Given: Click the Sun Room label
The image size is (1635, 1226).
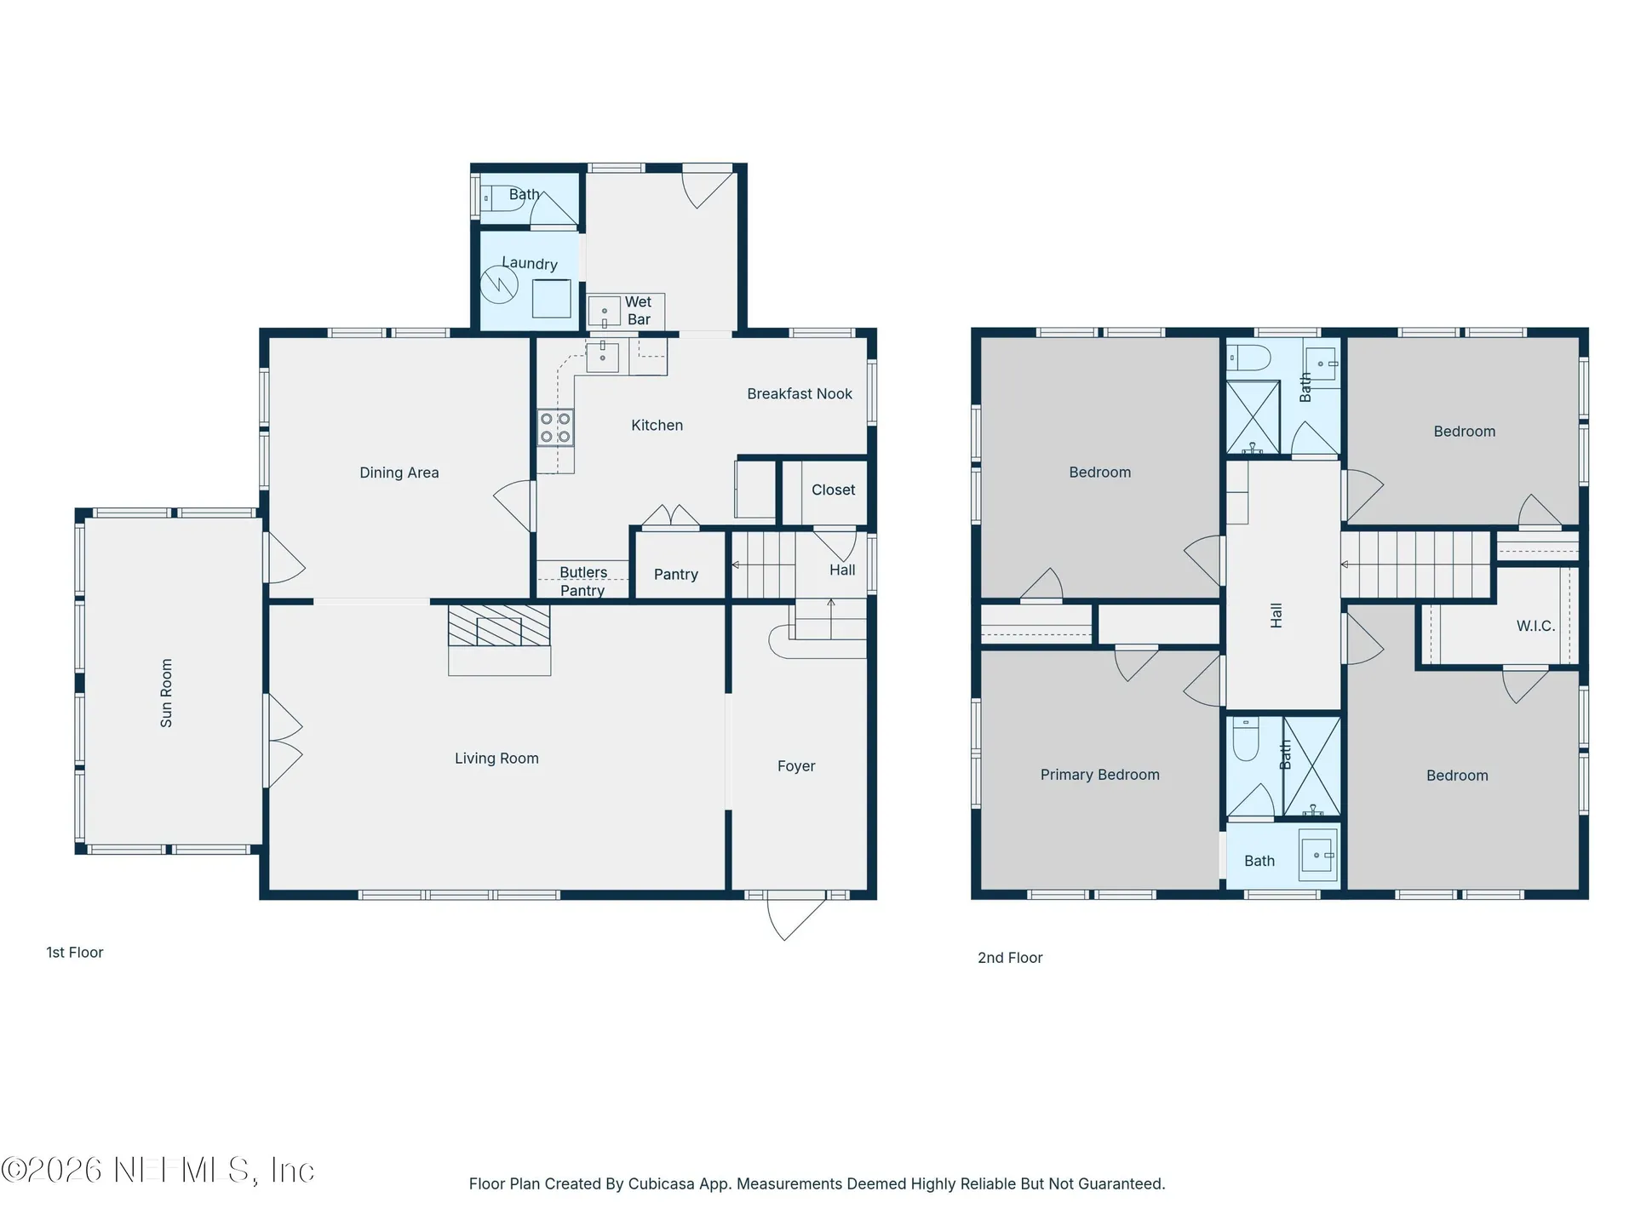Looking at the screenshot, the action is coord(166,693).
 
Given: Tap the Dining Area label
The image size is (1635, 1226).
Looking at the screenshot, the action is coord(399,473).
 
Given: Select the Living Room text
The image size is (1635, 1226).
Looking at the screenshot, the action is coord(496,759).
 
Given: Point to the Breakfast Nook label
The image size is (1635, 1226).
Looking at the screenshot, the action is coord(800,393).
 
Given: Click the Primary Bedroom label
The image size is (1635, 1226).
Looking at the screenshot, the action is coord(1100,775).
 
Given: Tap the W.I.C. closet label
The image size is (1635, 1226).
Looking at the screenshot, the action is coord(1535,626).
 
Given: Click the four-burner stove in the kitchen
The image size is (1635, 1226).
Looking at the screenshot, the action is coord(555,427).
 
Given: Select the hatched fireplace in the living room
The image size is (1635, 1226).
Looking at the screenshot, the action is coord(499,626).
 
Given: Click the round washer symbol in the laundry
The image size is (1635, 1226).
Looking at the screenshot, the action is coord(499,285).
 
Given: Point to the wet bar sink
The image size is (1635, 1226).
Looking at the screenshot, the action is coord(605,312).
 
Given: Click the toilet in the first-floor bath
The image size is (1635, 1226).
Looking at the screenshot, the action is coord(502,198).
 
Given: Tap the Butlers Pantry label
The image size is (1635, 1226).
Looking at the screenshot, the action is coord(583,581).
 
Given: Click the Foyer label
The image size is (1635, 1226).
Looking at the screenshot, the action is coord(796,766).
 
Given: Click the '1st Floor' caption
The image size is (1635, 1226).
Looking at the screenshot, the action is coord(75,953).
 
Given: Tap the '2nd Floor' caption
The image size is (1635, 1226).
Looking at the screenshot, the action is coord(1010,958).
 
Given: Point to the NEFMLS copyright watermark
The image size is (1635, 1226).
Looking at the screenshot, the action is coord(158,1170).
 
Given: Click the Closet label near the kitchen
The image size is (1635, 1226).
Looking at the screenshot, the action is coord(834,490).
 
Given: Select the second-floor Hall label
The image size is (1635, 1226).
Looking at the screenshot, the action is coord(1276,616).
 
